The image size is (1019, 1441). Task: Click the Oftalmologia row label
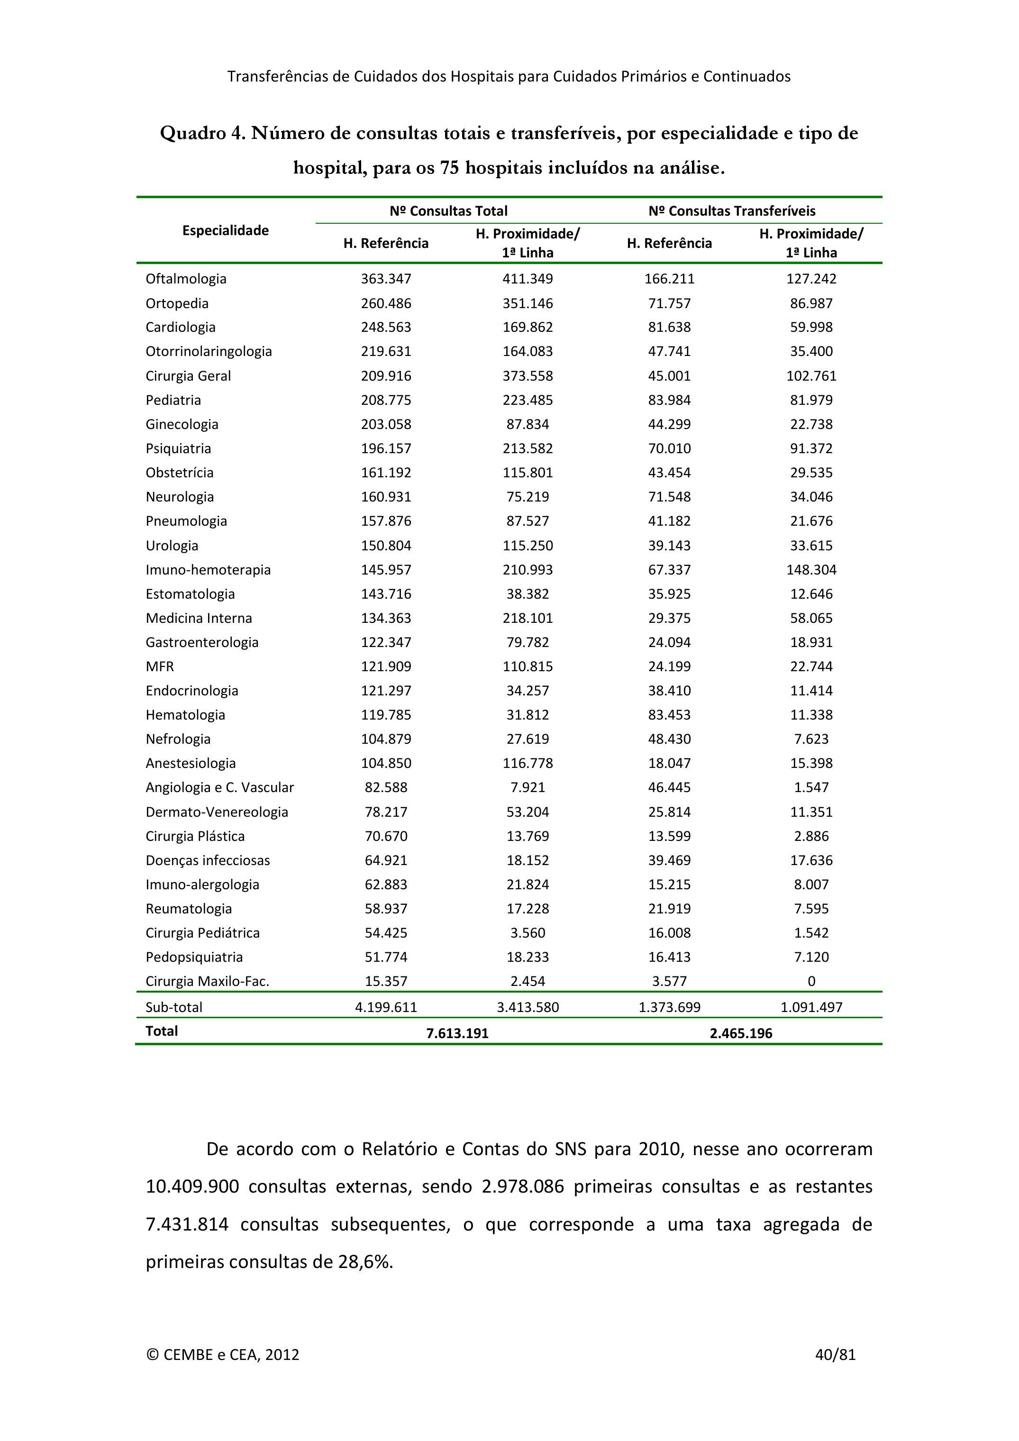(186, 279)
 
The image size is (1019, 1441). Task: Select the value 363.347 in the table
(386, 279)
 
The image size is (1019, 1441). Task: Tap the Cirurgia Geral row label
(188, 376)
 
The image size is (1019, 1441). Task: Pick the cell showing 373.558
(528, 376)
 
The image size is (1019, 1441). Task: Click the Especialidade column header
(225, 230)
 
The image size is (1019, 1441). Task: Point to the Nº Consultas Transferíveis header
(732, 211)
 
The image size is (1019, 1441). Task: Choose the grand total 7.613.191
(457, 1033)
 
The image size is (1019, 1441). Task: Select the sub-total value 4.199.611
(386, 1007)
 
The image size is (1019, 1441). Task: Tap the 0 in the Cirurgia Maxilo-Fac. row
(811, 981)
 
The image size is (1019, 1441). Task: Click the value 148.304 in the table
(811, 570)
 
